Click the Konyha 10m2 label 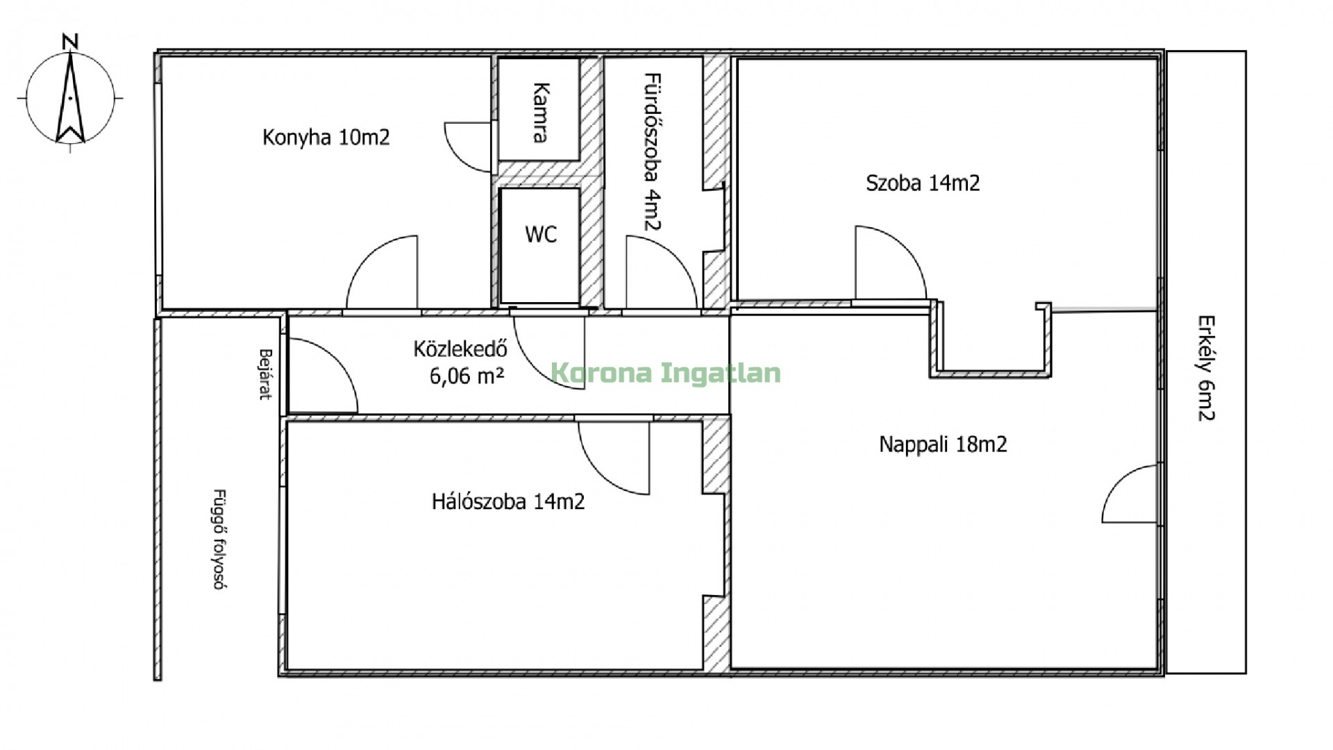(x=326, y=137)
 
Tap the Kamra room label (x=542, y=112)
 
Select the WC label (x=540, y=234)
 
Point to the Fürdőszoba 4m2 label (x=652, y=151)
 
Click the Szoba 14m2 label (x=923, y=183)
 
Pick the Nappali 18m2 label (x=942, y=444)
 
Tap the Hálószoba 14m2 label (x=508, y=501)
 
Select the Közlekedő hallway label (x=460, y=348)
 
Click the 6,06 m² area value (x=467, y=376)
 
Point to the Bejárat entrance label (x=265, y=374)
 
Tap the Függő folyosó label (x=220, y=539)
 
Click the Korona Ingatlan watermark (x=666, y=373)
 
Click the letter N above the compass (x=69, y=42)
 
